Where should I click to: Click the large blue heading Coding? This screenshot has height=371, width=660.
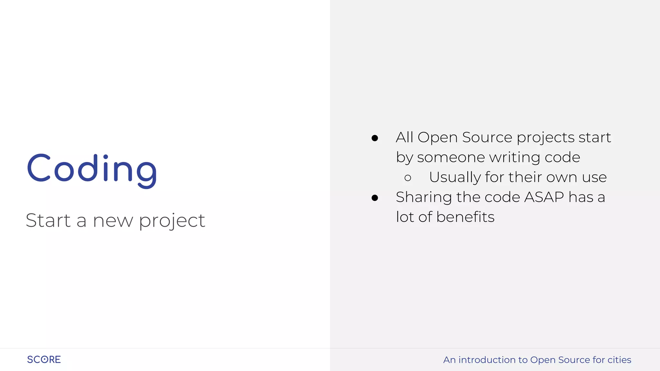(x=92, y=169)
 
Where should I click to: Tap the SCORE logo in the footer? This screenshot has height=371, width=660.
(x=44, y=359)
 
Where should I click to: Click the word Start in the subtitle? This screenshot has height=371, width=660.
(x=48, y=221)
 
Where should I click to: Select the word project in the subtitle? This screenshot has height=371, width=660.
(x=172, y=221)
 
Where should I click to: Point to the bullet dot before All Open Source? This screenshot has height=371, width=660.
(x=374, y=138)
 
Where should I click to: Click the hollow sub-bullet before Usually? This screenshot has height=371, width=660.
(x=408, y=178)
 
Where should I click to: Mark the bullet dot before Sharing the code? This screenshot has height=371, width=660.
(x=374, y=198)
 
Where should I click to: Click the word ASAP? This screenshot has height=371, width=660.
(x=544, y=197)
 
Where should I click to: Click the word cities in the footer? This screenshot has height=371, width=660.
(x=619, y=360)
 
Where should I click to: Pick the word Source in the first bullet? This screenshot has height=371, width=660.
(x=487, y=138)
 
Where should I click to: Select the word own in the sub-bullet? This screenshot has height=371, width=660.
(x=562, y=177)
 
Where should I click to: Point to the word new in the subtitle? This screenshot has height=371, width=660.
(x=113, y=221)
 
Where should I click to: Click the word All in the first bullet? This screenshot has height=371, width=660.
(x=404, y=137)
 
